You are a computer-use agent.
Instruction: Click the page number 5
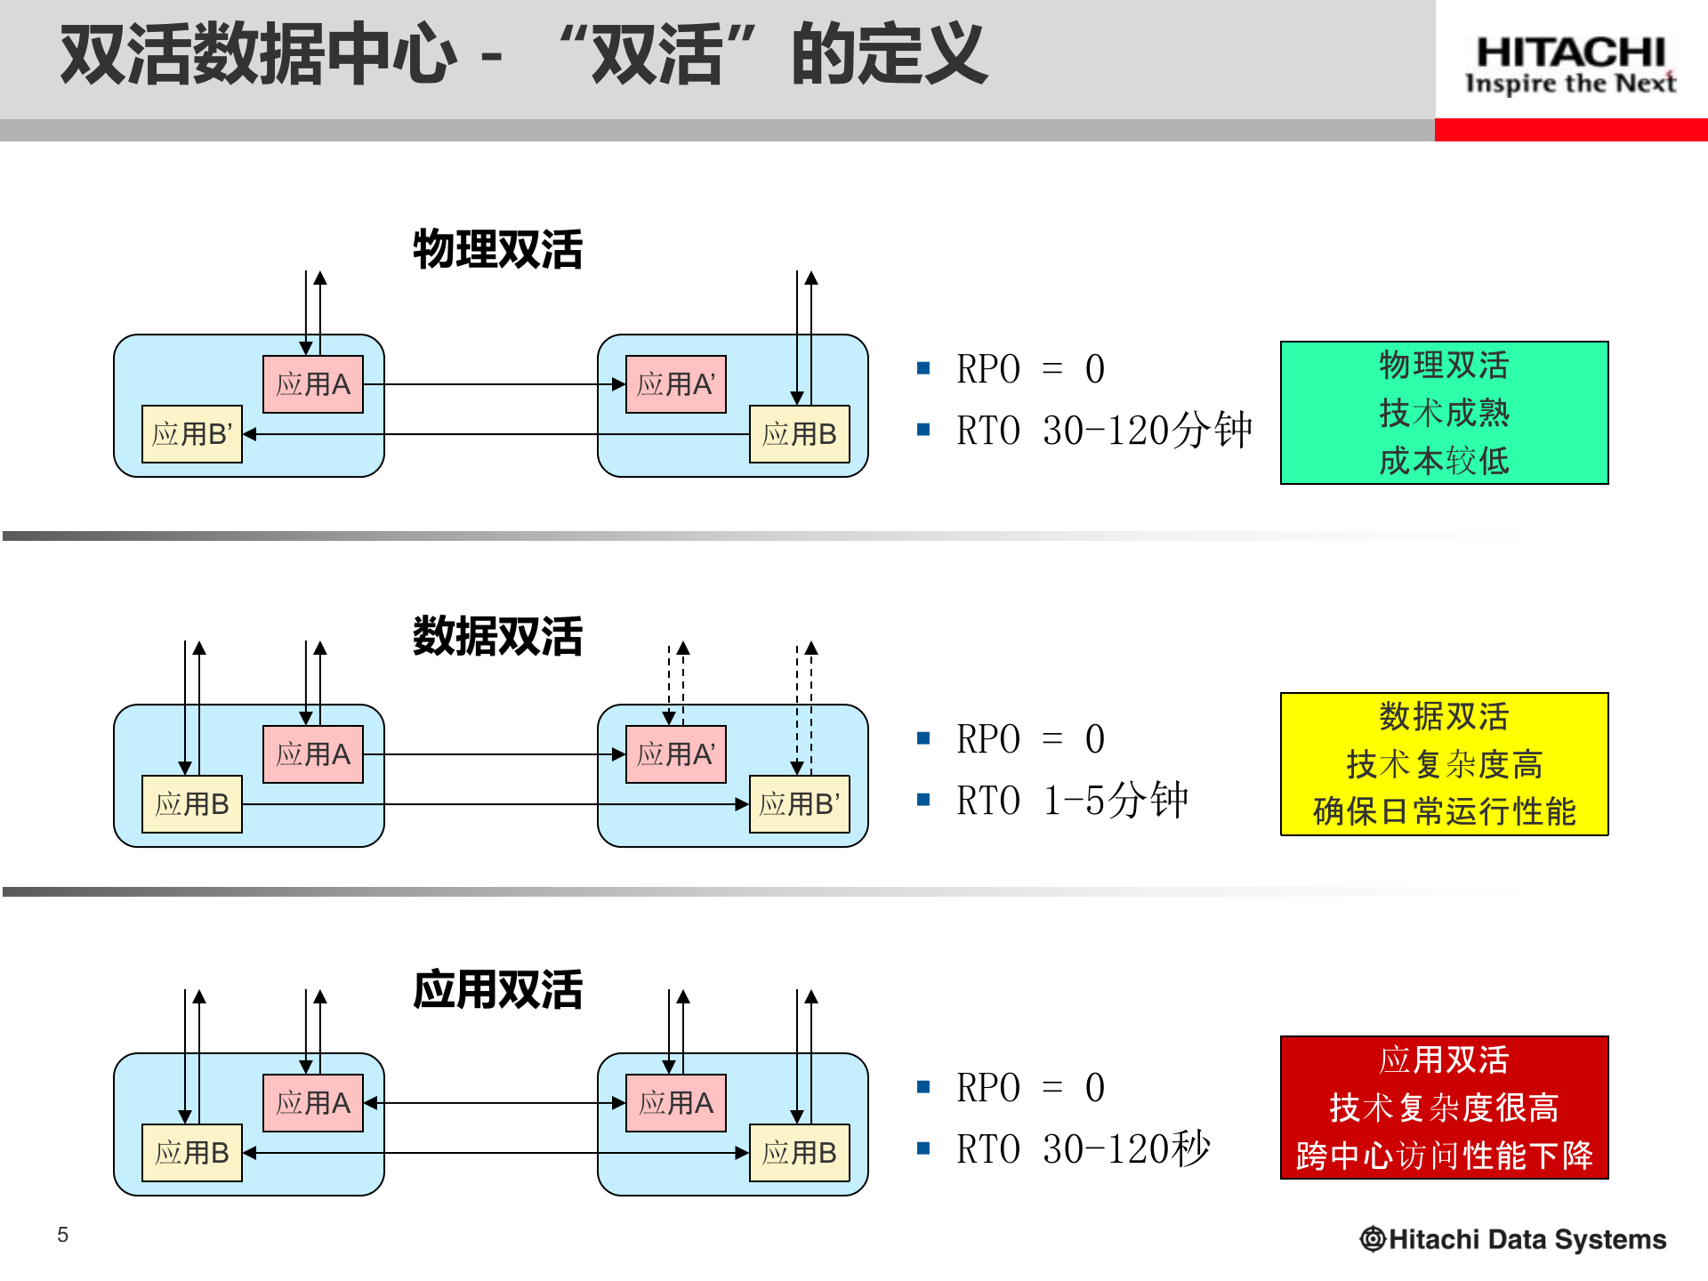point(62,1235)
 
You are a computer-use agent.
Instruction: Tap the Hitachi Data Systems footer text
point(1514,1239)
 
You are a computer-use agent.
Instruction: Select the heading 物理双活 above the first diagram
point(497,249)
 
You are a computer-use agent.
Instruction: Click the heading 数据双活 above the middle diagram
point(497,636)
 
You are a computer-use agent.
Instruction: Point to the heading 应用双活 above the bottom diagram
point(497,989)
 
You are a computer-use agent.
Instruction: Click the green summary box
point(1444,413)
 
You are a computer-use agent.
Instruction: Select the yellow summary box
point(1444,764)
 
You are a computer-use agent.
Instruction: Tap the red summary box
point(1444,1108)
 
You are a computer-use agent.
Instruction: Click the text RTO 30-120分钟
point(1103,431)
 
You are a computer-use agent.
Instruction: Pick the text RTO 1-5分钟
point(1071,801)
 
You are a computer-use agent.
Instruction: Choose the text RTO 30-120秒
point(1083,1149)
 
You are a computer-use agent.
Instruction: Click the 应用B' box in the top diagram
point(192,434)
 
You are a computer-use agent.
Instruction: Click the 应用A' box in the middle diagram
point(676,754)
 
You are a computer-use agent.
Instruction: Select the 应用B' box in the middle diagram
point(799,804)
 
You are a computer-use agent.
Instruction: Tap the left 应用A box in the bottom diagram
point(313,1103)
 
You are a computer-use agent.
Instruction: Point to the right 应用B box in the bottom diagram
point(799,1153)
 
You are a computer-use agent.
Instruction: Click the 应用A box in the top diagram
point(313,384)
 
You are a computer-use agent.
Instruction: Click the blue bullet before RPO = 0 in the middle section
point(923,738)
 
